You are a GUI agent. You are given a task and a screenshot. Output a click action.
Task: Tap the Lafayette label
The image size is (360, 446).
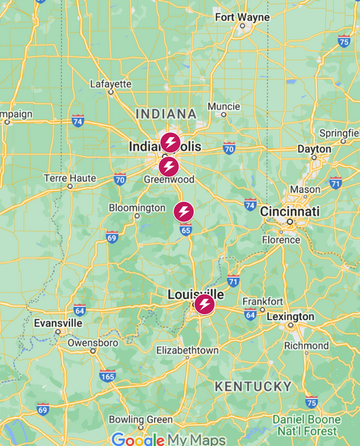pos(111,84)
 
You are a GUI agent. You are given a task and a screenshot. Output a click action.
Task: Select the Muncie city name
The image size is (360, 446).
pos(223,107)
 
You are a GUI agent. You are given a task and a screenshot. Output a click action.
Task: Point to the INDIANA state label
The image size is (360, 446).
pos(166,114)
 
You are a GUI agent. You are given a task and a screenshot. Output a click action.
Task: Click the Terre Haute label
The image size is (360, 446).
pos(69,178)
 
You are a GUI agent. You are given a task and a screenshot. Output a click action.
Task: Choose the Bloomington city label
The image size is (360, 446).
pos(137,207)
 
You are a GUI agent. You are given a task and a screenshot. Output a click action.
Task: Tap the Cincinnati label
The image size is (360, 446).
pos(290,212)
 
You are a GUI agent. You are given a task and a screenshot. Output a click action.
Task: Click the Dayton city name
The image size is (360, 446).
pos(313,149)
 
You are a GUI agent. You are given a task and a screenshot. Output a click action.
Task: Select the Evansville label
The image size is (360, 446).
pos(58,323)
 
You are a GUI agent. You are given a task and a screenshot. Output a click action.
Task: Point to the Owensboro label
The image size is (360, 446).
pos(93,343)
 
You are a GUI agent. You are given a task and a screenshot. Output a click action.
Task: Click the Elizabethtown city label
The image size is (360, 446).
pos(187,350)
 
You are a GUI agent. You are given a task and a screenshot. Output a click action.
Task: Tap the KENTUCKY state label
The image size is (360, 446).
pos(253,387)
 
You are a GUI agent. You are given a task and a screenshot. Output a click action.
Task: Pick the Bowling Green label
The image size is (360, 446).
pos(140,420)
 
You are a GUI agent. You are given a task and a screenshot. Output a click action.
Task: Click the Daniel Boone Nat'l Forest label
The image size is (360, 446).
pos(306,425)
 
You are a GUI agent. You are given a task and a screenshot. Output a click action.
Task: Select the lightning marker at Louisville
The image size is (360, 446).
pos(204,305)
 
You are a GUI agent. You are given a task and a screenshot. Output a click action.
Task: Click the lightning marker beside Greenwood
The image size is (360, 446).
pos(168,167)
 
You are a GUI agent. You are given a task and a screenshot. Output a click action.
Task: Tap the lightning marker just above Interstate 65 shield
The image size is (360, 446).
pos(184,211)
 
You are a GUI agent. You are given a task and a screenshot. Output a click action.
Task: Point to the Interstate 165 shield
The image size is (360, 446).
pos(107,375)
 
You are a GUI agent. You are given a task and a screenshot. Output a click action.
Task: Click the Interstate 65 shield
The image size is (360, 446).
pos(186,229)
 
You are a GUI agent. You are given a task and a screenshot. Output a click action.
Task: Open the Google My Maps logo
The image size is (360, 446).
pos(168,439)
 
